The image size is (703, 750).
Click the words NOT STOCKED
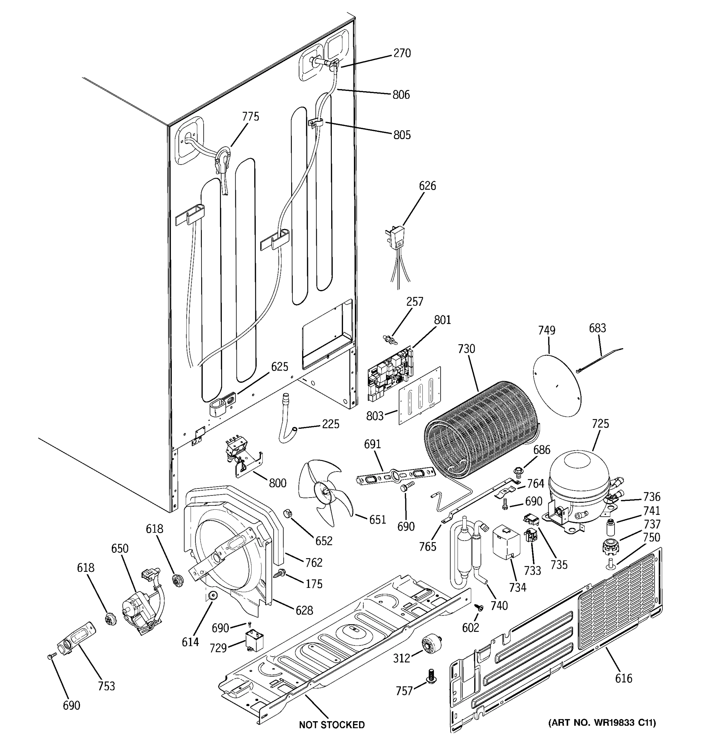click(332, 725)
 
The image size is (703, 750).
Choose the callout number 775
click(251, 117)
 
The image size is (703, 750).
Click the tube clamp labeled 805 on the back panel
click(316, 123)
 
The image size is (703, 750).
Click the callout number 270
click(402, 53)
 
